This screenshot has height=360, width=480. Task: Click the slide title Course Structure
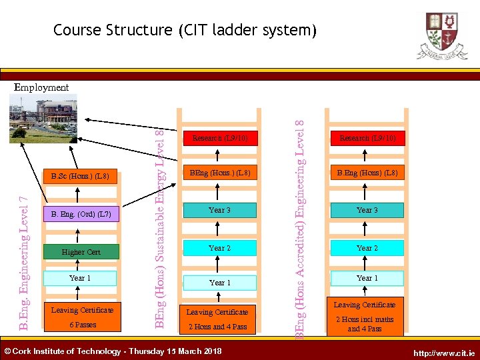pyautogui.click(x=183, y=30)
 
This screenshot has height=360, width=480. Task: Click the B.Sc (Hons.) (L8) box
pyautogui.click(x=80, y=177)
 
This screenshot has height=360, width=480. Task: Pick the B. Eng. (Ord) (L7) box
pyautogui.click(x=81, y=214)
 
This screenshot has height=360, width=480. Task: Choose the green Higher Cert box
pyautogui.click(x=81, y=252)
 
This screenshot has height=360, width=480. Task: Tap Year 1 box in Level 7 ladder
pyautogui.click(x=81, y=278)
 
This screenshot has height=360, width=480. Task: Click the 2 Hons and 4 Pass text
pyautogui.click(x=217, y=327)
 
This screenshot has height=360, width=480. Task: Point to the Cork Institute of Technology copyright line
pyautogui.click(x=113, y=351)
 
